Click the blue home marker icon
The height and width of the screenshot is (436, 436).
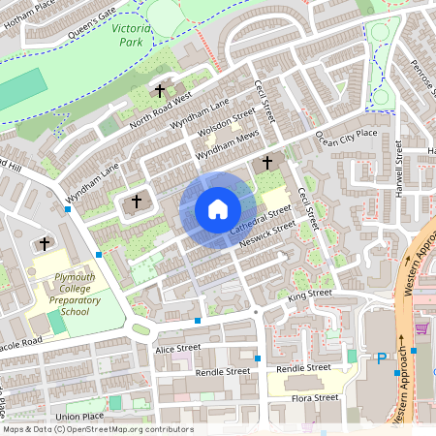217,209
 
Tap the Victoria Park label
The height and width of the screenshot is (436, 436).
131,36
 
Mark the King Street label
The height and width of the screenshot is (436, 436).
309,297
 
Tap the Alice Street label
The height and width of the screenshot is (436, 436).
177,348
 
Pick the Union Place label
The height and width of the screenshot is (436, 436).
79,417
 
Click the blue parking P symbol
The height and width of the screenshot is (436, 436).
381,358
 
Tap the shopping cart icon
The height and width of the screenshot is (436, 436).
420,328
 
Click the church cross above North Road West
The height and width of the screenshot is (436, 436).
160,91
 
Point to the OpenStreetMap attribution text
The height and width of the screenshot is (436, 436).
97,429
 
